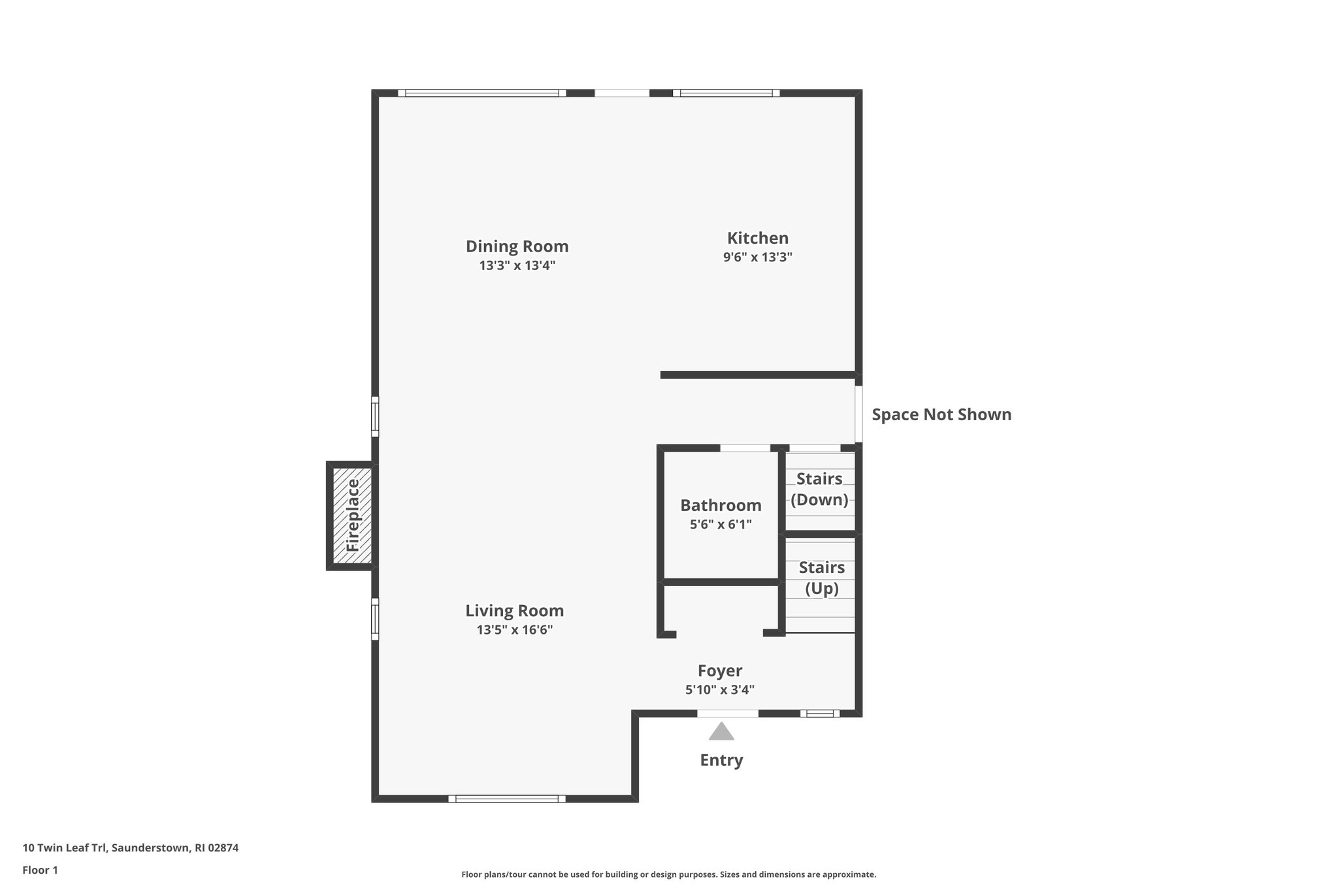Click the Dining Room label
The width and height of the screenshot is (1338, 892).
[517, 246]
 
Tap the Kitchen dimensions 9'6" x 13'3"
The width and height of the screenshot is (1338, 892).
[757, 257]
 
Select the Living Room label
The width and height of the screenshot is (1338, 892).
[514, 611]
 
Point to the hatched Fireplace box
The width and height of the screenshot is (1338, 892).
[352, 516]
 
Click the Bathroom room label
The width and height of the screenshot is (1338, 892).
[721, 505]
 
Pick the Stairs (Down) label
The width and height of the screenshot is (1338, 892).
[819, 489]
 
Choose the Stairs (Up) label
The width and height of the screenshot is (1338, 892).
[821, 578]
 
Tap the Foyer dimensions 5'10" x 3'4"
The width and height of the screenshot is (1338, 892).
[719, 689]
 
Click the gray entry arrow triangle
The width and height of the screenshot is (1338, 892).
[721, 732]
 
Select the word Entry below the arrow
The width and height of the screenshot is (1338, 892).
[721, 760]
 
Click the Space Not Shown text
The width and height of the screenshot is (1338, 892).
[941, 414]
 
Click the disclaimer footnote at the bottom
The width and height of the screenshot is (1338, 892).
[668, 874]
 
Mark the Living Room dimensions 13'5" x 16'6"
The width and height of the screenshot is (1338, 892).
[514, 630]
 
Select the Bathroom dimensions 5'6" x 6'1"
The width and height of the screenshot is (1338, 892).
[721, 524]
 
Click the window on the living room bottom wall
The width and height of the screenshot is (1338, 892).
[507, 799]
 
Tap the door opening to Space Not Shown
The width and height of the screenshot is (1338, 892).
[858, 414]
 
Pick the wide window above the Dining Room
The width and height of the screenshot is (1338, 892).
[482, 93]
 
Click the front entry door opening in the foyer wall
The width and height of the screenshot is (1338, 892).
[727, 714]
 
